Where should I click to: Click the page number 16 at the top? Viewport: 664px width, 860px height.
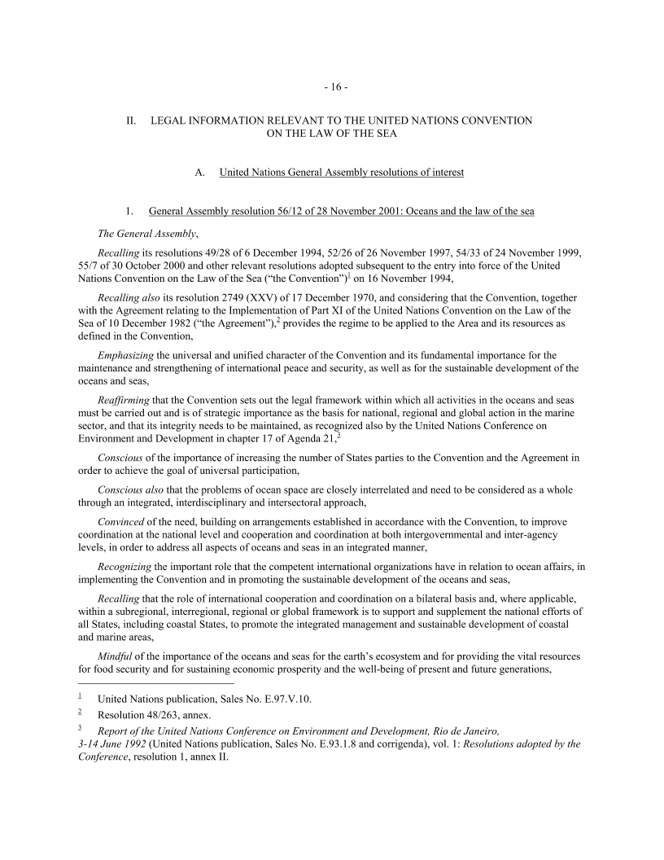click(332, 86)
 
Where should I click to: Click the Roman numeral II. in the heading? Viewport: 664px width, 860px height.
click(129, 121)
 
